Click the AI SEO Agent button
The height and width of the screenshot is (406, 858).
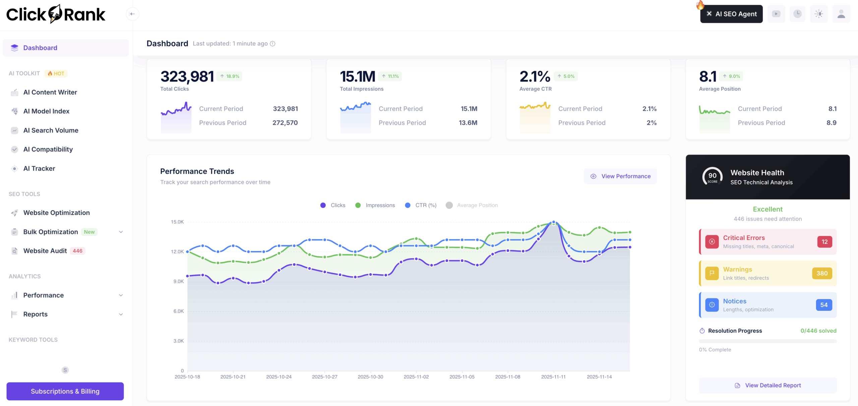click(x=731, y=14)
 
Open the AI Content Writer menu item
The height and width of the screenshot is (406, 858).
click(x=50, y=92)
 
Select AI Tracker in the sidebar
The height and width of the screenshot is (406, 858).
click(x=39, y=169)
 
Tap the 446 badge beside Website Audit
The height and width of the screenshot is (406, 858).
click(x=77, y=251)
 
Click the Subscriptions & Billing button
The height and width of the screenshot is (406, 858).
click(x=65, y=391)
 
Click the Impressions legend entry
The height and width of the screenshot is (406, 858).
click(x=375, y=205)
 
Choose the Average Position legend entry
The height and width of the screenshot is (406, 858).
click(x=472, y=205)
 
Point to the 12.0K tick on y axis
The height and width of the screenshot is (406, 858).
click(x=177, y=251)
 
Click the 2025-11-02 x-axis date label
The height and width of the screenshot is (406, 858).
click(x=416, y=377)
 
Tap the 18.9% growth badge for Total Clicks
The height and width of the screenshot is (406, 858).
click(x=230, y=76)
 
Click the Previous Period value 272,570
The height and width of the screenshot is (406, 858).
click(x=285, y=123)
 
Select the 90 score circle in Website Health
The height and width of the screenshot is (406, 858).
click(x=712, y=176)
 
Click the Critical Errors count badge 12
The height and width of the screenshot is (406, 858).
click(x=824, y=242)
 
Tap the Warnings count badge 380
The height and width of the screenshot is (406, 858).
click(x=822, y=273)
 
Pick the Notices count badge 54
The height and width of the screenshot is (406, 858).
click(x=824, y=305)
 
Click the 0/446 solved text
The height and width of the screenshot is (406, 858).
click(x=818, y=331)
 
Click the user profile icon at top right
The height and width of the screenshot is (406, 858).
click(x=841, y=14)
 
